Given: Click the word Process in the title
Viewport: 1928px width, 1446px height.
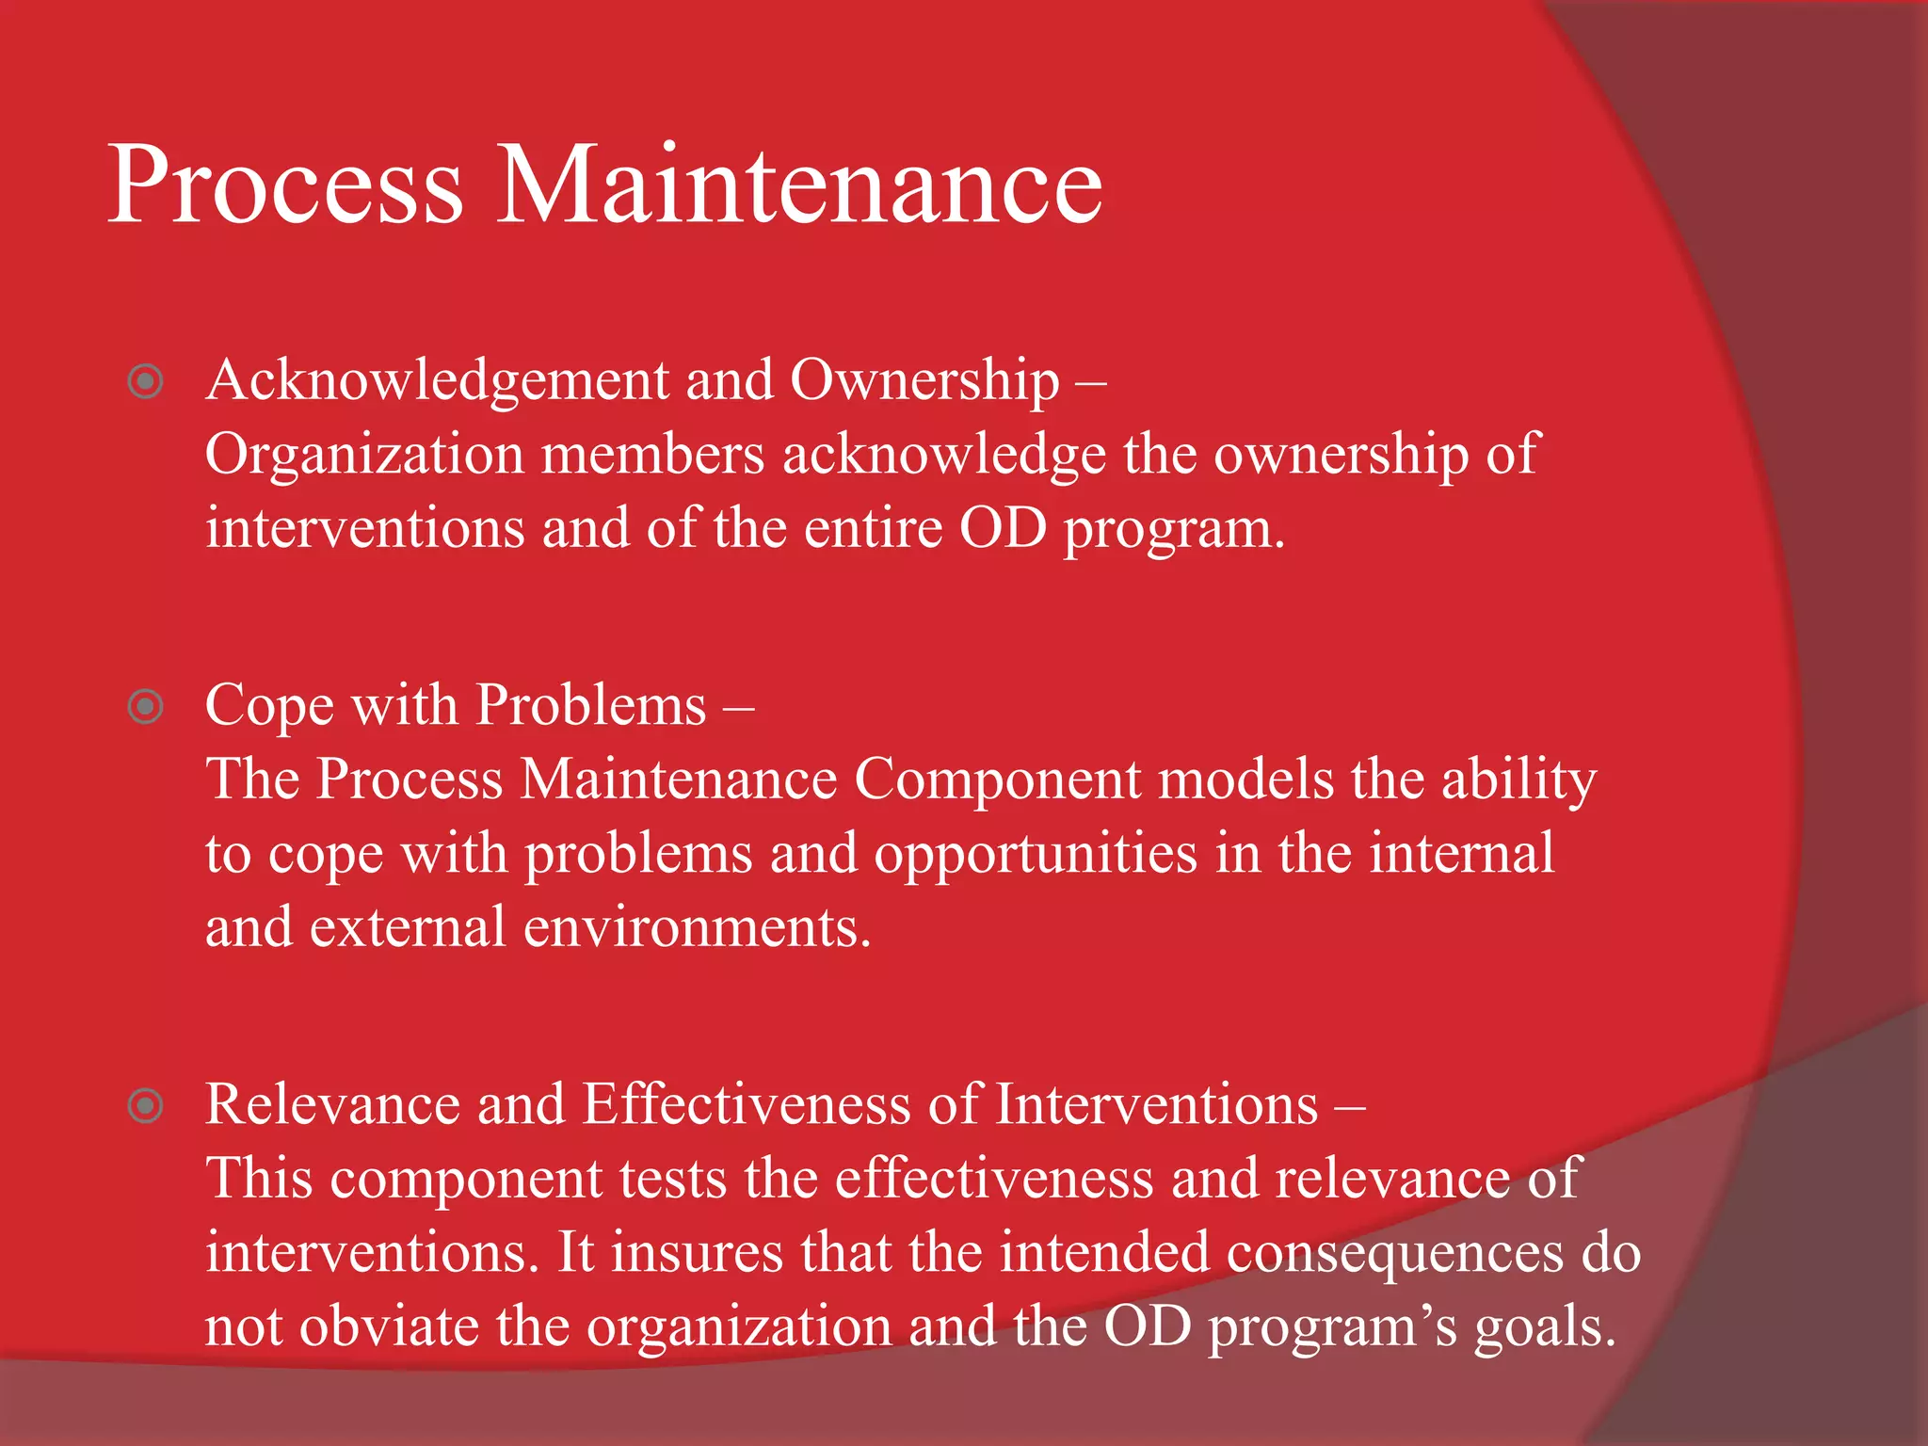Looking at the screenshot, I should click(x=284, y=185).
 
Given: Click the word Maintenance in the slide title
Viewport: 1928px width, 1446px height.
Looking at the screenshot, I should click(x=798, y=185).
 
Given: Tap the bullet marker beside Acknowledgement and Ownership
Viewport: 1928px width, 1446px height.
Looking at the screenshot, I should click(x=146, y=381).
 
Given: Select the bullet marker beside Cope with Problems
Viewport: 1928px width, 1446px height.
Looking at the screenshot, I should click(x=146, y=706).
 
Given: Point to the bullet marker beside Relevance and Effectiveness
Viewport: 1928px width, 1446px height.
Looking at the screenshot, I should click(x=146, y=1105).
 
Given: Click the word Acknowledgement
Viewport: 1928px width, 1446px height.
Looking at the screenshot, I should click(x=437, y=381).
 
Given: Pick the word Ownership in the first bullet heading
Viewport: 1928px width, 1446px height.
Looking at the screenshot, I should click(x=924, y=381).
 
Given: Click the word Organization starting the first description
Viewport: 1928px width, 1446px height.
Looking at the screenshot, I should click(x=364, y=455).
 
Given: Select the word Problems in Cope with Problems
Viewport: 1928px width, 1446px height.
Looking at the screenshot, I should click(x=590, y=705).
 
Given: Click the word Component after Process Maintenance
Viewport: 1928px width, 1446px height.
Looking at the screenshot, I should click(x=997, y=779).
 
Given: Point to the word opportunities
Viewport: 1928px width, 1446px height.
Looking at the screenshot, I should click(x=1036, y=855).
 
